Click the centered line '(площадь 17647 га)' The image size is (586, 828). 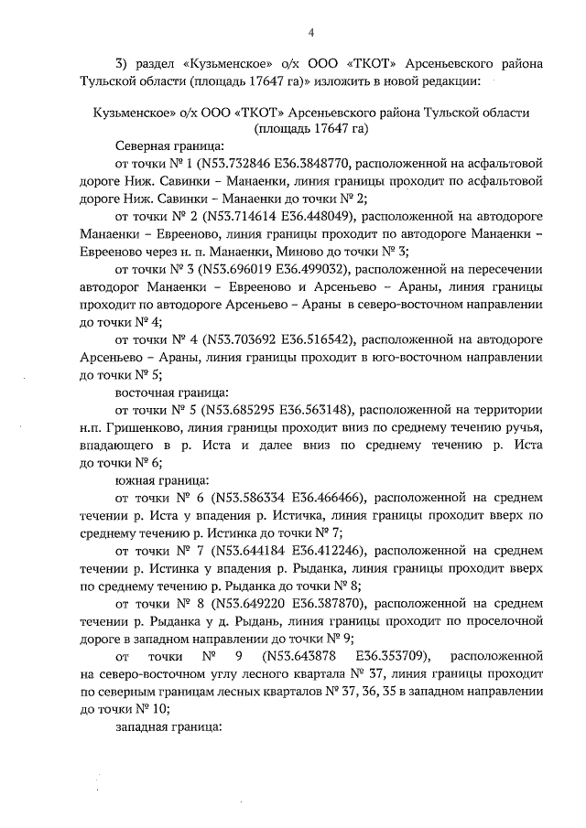[x=310, y=129]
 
